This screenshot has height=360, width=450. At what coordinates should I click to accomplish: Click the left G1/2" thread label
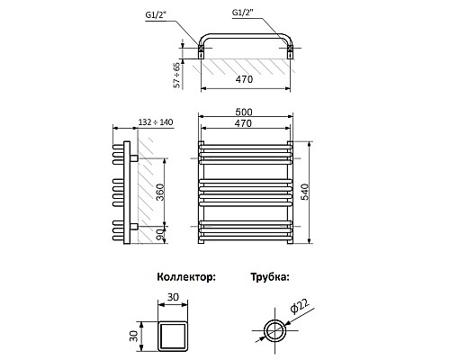(156, 15)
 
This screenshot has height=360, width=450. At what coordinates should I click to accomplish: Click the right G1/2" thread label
(243, 13)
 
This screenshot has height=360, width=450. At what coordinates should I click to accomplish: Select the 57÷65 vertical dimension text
(177, 75)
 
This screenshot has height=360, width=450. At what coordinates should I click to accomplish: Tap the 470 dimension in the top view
(244, 79)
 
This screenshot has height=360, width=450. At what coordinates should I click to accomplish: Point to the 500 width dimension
(244, 112)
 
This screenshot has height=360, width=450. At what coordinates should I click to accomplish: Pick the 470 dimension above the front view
(243, 123)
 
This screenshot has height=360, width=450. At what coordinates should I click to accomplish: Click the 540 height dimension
(304, 193)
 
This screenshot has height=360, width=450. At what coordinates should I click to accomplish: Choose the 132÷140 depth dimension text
(156, 122)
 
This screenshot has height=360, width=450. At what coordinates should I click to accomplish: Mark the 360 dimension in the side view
(160, 193)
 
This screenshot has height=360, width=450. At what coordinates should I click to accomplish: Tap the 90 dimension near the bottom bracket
(161, 235)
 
